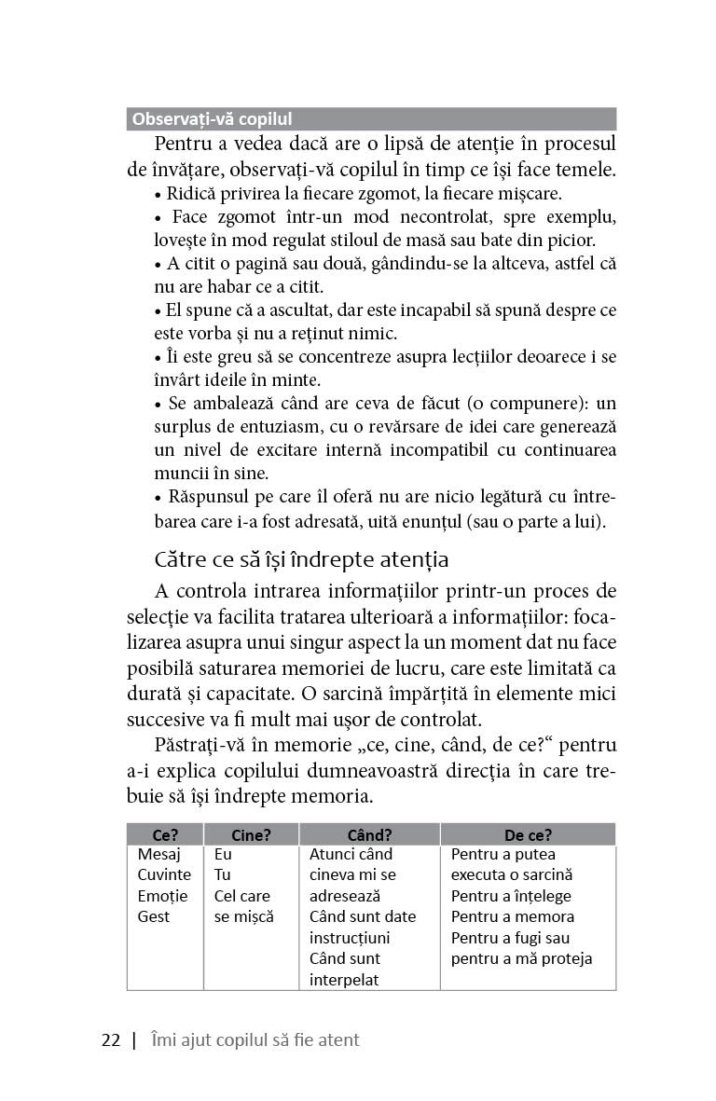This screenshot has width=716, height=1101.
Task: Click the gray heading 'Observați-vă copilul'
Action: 213,119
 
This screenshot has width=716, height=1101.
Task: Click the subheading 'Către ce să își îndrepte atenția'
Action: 301,559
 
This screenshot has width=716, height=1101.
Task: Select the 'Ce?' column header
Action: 165,834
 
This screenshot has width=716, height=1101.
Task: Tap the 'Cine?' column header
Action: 251,834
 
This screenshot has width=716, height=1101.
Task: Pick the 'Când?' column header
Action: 369,834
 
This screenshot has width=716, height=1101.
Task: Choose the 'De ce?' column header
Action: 528,834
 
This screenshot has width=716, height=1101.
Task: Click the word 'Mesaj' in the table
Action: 158,854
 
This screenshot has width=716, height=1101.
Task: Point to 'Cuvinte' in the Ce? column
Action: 164,874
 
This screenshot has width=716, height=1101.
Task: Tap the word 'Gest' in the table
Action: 154,916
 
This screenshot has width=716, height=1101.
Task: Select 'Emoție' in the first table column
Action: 162,896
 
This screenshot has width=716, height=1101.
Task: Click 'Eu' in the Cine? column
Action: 223,854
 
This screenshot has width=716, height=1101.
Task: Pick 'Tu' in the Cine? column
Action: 222,874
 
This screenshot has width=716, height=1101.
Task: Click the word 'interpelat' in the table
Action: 345,979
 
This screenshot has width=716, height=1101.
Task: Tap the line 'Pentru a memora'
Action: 513,916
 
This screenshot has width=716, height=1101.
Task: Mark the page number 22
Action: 111,1040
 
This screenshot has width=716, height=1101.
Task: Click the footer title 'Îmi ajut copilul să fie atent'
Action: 255,1040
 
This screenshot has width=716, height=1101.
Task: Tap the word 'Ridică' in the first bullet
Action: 190,194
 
